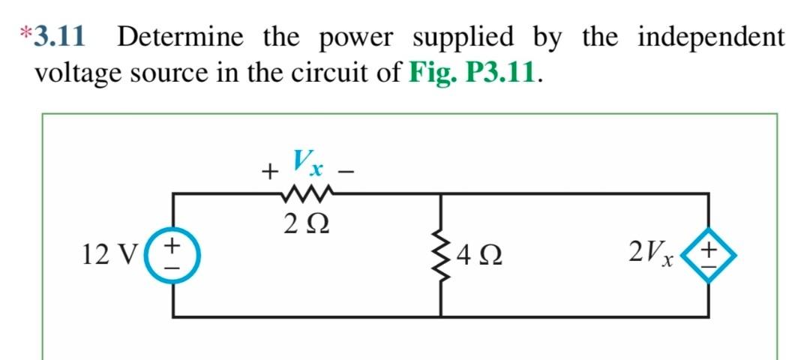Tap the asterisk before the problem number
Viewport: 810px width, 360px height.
pos(26,34)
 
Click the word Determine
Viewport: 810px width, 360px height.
pos(179,37)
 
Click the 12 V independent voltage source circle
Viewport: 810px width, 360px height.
pos(174,255)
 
